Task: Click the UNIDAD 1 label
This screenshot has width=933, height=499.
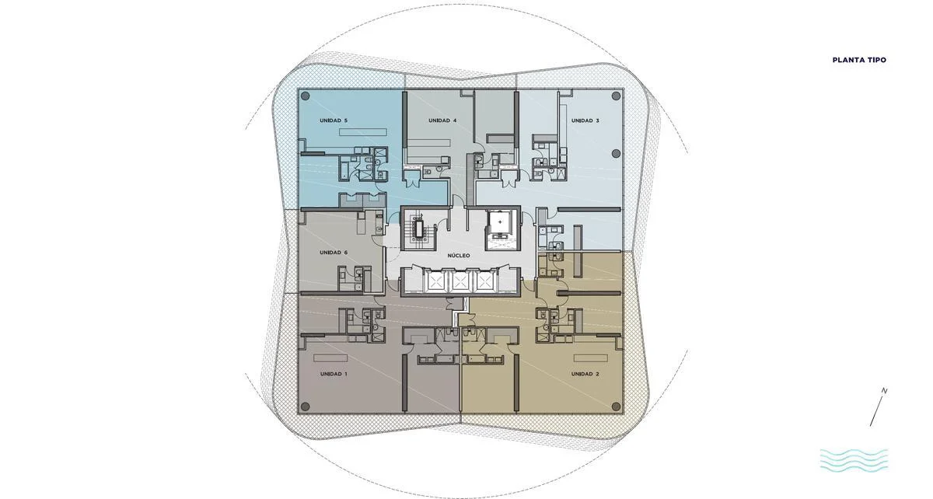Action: click(334, 374)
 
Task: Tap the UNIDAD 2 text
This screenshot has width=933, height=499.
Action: click(585, 374)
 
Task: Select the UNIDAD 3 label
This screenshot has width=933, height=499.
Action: click(585, 120)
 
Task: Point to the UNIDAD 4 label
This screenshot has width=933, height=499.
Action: click(442, 120)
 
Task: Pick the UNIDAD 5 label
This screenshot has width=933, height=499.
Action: click(334, 120)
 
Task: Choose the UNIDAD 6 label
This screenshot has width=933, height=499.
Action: click(334, 253)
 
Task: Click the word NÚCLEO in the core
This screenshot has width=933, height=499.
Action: click(459, 256)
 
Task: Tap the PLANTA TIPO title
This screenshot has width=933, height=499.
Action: click(859, 60)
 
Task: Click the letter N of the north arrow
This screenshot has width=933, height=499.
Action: click(884, 391)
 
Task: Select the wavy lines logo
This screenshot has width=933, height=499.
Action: click(854, 461)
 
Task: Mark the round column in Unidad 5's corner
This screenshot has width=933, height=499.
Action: click(306, 96)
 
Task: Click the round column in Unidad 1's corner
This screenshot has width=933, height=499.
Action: click(306, 406)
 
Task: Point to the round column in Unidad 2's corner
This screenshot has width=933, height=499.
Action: click(616, 406)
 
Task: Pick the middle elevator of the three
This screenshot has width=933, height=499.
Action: click(460, 282)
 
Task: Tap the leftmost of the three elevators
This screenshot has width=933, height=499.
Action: click(434, 282)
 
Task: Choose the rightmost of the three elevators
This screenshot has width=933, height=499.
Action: click(485, 282)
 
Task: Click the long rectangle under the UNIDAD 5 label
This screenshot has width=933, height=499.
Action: click(363, 132)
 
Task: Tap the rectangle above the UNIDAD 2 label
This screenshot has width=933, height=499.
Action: click(591, 358)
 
